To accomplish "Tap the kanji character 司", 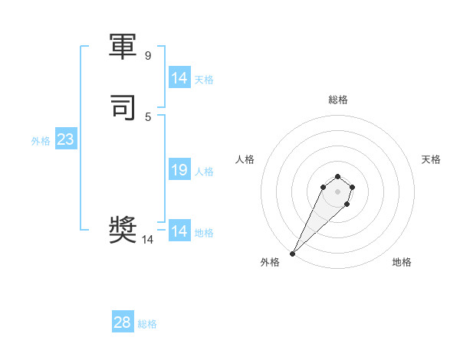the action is (x=124, y=108).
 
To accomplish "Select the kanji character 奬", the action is (x=124, y=231).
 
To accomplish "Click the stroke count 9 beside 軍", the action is (x=148, y=56).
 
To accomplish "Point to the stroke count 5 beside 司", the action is (x=148, y=116).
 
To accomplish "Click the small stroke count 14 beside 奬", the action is (x=148, y=240).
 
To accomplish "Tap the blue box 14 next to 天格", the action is (x=179, y=78).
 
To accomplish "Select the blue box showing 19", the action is (x=179, y=170).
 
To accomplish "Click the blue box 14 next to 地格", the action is (x=179, y=231).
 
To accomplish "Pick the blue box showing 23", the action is (x=65, y=139).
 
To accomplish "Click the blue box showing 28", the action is (x=123, y=322).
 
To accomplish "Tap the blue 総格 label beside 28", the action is (x=147, y=324).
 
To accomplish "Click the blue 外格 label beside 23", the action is (x=41, y=141).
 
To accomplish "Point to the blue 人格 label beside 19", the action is (x=205, y=172).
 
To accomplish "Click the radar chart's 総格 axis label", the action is (x=338, y=100).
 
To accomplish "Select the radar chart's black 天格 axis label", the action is (x=431, y=159).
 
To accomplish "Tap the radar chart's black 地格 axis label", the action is (x=402, y=262).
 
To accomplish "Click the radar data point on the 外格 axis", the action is (x=292, y=254).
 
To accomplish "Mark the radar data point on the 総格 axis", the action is (x=338, y=174).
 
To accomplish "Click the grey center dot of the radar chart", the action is (x=338, y=191).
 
